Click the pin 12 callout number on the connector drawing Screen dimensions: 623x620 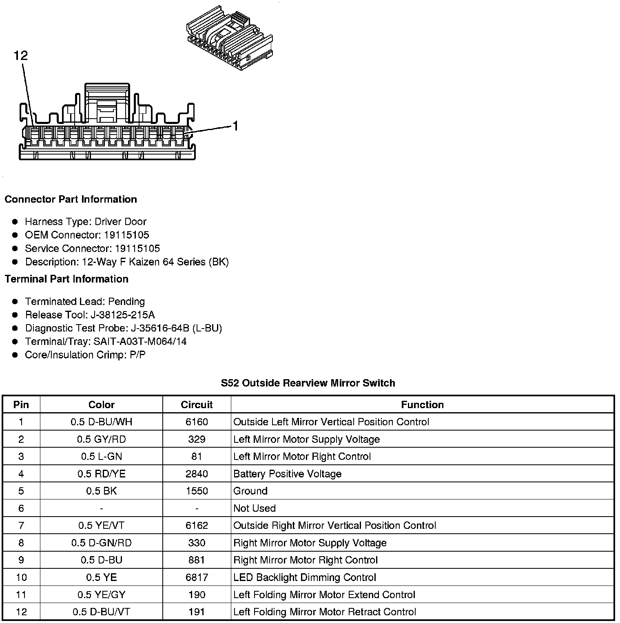tap(21, 55)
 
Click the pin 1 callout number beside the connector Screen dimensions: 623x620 tap(235, 126)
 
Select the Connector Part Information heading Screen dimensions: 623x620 tap(71, 199)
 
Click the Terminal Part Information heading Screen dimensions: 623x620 tap(66, 279)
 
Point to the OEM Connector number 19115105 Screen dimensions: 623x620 tap(126, 235)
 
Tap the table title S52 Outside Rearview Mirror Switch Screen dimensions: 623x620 tap(308, 383)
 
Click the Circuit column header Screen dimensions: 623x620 tap(197, 404)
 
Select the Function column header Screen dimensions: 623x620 tap(422, 404)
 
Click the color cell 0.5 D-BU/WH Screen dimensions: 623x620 tap(101, 422)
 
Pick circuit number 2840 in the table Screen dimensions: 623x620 tap(197, 474)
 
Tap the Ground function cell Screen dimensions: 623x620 tap(250, 491)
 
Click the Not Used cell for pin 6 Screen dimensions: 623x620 tap(255, 508)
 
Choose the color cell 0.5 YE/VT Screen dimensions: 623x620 tap(101, 526)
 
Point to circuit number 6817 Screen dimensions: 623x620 tap(197, 577)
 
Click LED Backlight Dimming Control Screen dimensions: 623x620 tap(305, 577)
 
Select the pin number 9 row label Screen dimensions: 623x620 tap(21, 560)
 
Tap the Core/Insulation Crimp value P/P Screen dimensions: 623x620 tap(137, 355)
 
